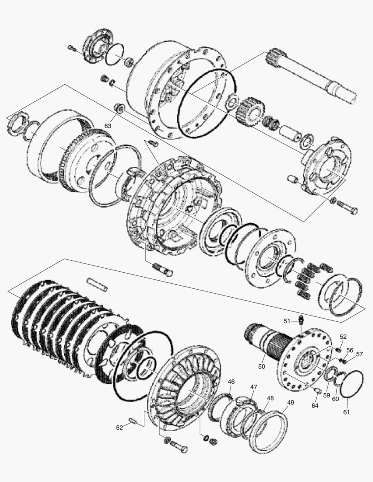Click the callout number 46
pos(231,382)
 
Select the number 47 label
pos(253,387)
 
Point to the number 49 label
pos(290,403)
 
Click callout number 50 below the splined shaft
pos(262,366)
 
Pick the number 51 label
pos(287,321)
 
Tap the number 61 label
pos(347,412)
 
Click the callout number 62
pos(119,427)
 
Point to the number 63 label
pos(108,126)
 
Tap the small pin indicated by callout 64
pos(317,391)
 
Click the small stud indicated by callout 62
pos(133,420)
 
